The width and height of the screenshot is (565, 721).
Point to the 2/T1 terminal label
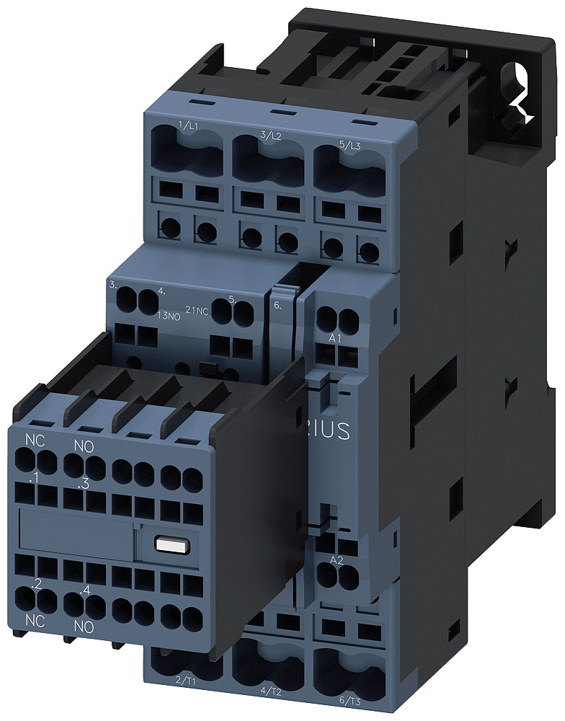click(x=186, y=679)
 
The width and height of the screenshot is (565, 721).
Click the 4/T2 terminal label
click(x=271, y=691)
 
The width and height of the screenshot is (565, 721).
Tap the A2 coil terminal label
click(x=336, y=560)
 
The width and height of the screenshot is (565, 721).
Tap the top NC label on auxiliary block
click(x=34, y=439)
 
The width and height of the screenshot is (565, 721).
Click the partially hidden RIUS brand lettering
click(x=331, y=430)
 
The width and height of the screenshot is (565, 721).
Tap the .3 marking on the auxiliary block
click(x=85, y=485)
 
